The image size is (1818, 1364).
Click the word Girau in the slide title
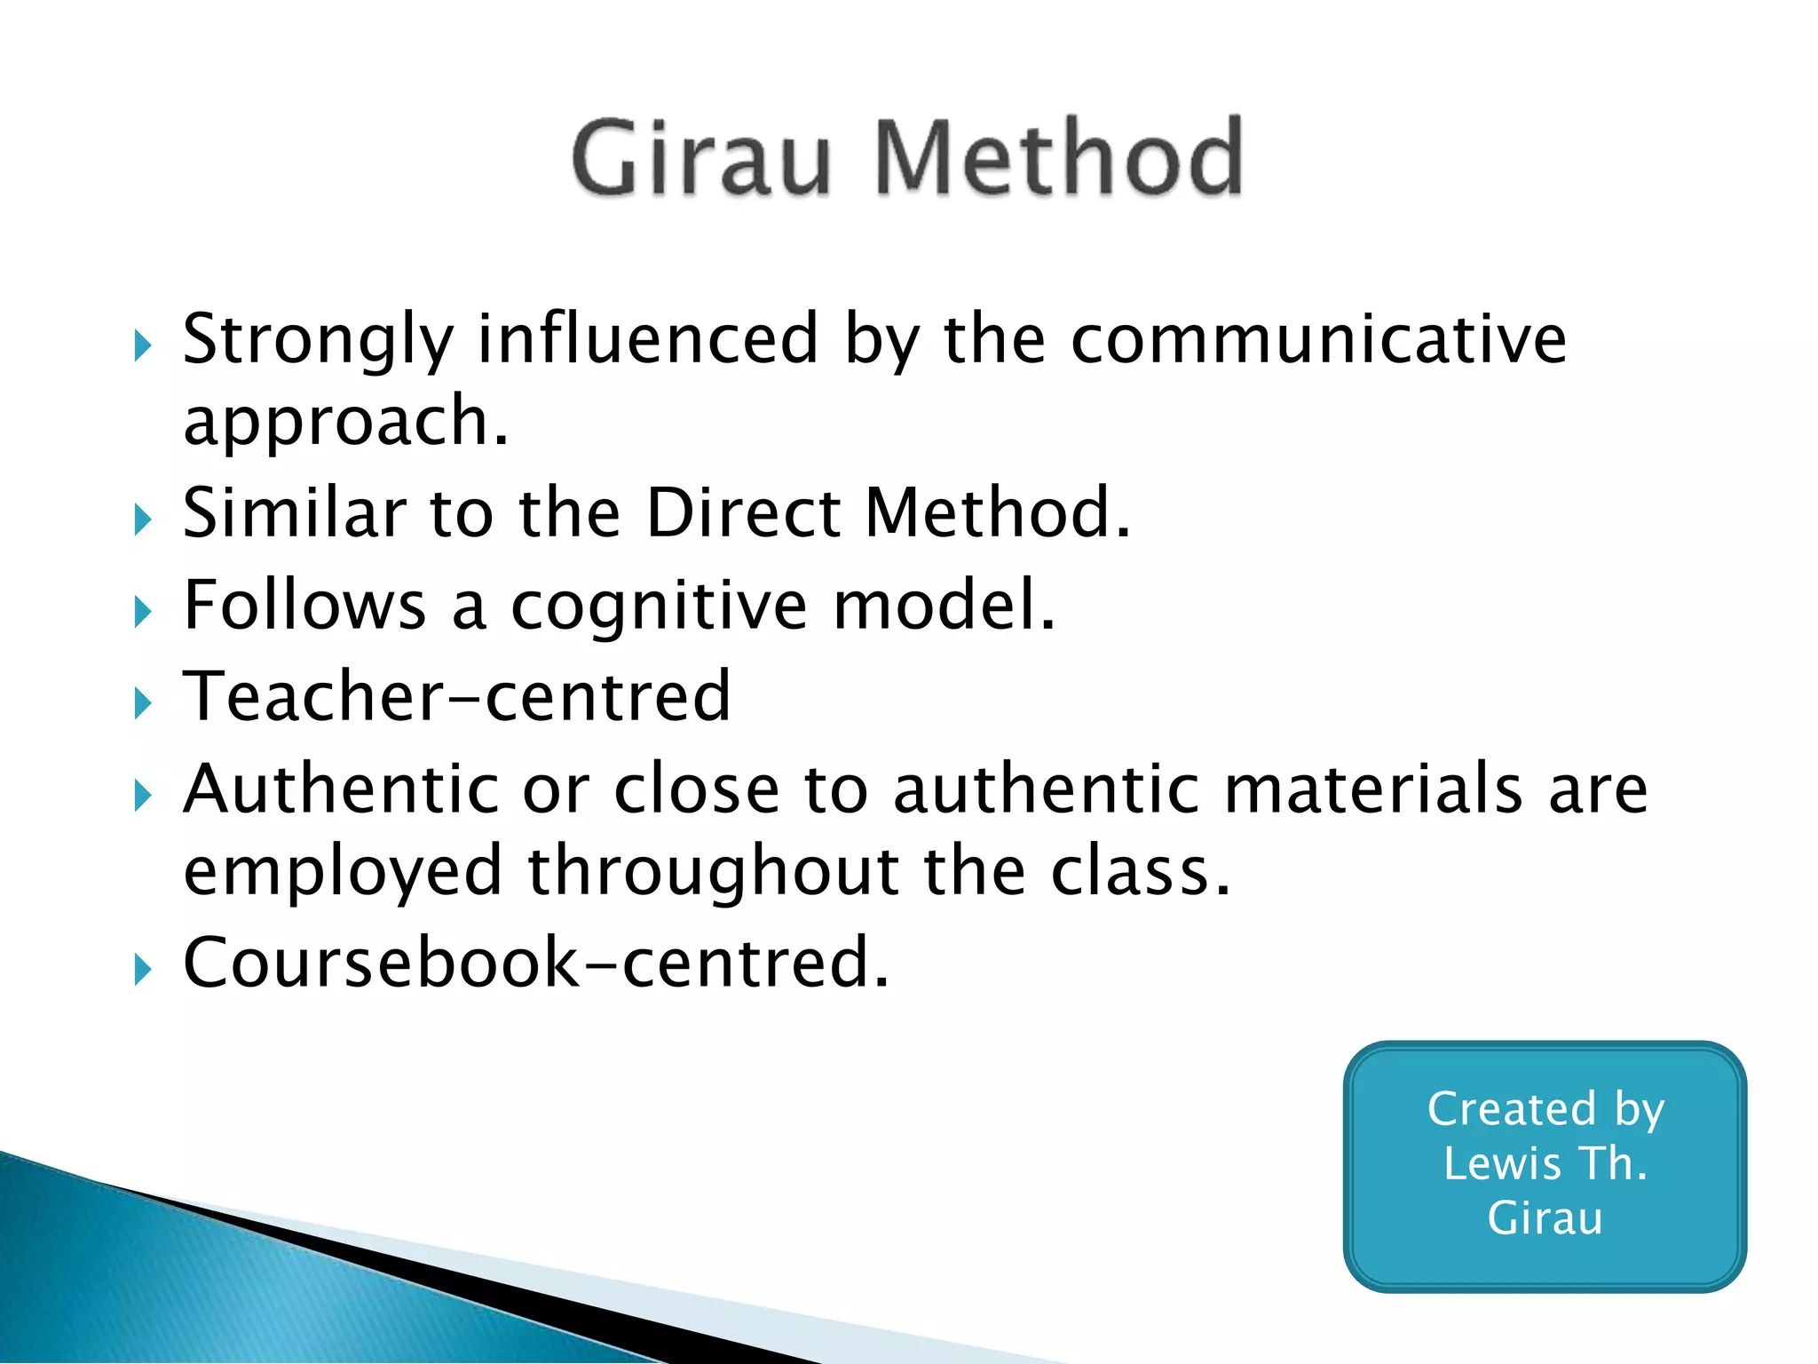click(701, 158)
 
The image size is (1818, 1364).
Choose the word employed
click(343, 874)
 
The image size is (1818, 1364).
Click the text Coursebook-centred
click(535, 963)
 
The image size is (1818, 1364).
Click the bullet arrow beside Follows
click(142, 612)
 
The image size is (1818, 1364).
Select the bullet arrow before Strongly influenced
click(142, 345)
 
